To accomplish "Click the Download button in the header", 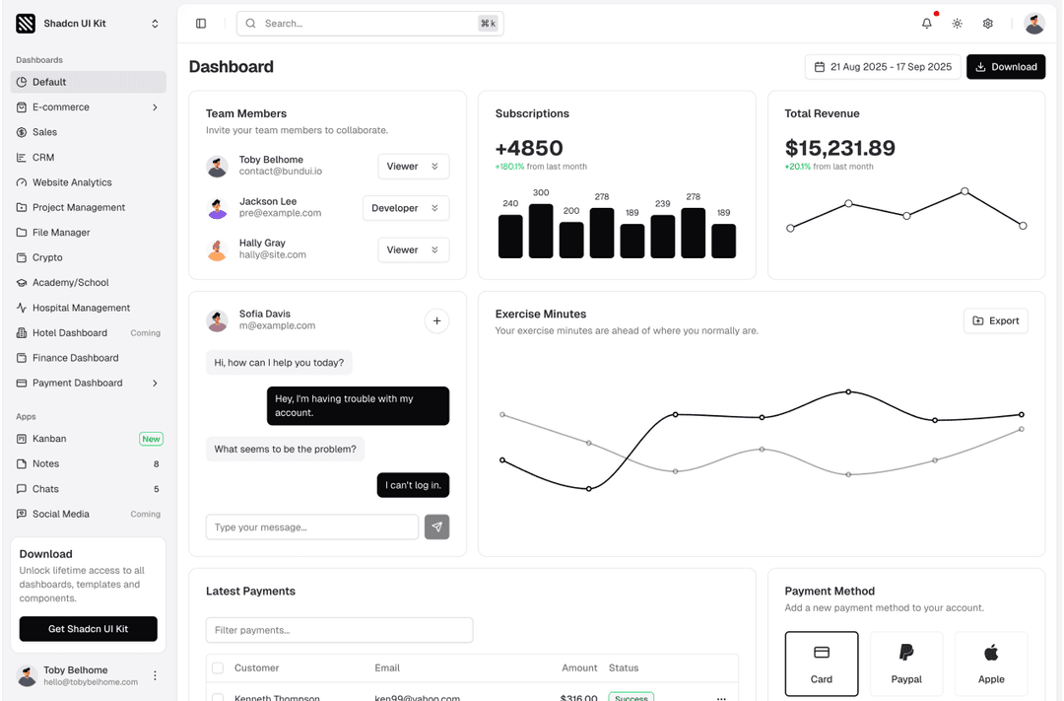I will click(1005, 67).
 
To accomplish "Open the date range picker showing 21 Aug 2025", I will click(883, 67).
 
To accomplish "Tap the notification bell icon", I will click(926, 24).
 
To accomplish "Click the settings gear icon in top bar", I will click(987, 24).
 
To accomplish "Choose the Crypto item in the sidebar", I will click(47, 257).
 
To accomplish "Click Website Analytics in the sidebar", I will click(72, 182).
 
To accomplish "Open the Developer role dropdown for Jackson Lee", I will click(406, 208).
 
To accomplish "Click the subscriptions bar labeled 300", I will click(541, 231).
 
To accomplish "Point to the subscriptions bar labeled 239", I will click(663, 237).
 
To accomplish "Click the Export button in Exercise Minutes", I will click(995, 320).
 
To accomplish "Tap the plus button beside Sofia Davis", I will click(436, 320).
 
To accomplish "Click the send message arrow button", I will click(436, 527).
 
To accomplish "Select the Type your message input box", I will click(311, 527).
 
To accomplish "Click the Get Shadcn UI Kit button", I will click(88, 629).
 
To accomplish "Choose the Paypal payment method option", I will click(906, 664).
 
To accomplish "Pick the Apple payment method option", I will click(991, 664).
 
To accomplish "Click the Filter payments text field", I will click(339, 630).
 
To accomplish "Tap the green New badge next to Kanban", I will click(151, 439).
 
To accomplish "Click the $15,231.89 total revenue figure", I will click(839, 149).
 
